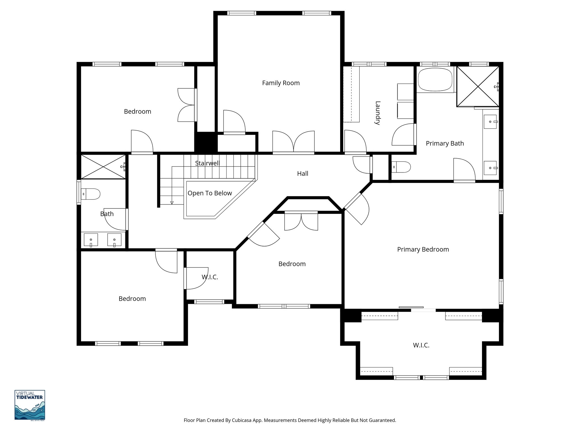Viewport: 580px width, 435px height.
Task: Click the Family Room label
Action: tap(281, 83)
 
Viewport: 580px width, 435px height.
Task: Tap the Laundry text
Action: tap(378, 113)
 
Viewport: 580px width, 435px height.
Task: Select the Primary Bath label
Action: tap(445, 143)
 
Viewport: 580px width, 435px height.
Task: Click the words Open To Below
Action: tap(210, 193)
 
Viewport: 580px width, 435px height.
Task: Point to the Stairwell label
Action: tap(207, 163)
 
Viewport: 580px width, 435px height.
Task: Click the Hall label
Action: tap(302, 174)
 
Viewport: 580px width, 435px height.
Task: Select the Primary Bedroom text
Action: tap(423, 250)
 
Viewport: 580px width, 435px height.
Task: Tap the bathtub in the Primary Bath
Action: tap(435, 80)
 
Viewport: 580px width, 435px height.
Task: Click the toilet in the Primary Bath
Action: tap(401, 167)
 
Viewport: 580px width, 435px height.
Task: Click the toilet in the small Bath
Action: tap(91, 194)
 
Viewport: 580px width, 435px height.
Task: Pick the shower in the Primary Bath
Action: tap(478, 86)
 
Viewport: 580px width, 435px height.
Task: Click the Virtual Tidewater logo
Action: tap(30, 405)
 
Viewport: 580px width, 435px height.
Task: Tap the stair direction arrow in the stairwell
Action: tap(172, 202)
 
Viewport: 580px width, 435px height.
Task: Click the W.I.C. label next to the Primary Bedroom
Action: tap(421, 345)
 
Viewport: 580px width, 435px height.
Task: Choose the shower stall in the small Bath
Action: tap(103, 167)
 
